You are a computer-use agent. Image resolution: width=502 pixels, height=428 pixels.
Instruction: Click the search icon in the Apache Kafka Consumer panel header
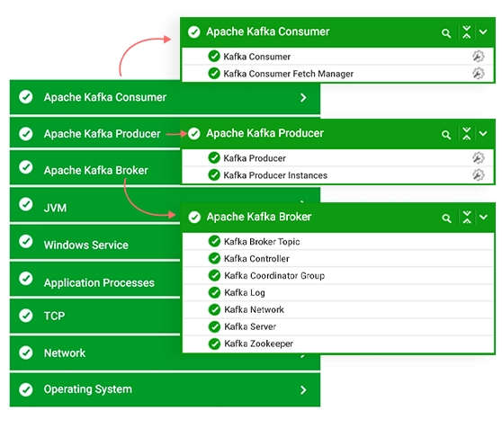tap(446, 33)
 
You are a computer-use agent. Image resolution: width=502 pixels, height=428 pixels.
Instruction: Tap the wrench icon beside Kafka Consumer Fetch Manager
tap(479, 73)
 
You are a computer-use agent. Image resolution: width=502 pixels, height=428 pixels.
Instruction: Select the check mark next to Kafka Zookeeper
tap(214, 343)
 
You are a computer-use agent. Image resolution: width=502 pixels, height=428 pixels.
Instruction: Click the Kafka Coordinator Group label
tap(274, 276)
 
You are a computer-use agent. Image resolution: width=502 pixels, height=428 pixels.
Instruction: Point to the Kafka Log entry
tap(245, 293)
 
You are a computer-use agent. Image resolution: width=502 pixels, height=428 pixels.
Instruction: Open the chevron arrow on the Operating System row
tap(303, 389)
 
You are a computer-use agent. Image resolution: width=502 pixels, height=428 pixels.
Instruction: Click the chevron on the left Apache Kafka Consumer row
tap(303, 98)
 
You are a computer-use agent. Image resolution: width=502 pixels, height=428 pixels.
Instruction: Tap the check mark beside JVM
tap(26, 204)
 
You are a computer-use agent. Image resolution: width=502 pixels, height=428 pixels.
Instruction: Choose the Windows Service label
tap(86, 245)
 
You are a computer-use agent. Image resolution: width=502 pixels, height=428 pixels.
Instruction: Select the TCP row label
tap(54, 316)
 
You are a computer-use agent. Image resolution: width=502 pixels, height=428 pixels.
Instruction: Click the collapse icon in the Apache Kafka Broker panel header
tap(467, 218)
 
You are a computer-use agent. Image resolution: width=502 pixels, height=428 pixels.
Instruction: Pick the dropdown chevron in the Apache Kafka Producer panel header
tap(483, 134)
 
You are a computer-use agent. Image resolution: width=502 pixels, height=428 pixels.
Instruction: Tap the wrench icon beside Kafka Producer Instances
tap(479, 175)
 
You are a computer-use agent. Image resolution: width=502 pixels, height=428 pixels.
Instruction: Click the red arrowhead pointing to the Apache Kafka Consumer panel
tap(167, 40)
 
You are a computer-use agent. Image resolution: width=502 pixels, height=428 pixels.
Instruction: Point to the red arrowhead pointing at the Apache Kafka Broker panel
tap(172, 215)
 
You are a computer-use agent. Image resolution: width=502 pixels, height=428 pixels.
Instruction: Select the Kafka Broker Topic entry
tap(262, 242)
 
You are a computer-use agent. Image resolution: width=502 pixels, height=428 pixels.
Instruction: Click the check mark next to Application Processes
tap(26, 279)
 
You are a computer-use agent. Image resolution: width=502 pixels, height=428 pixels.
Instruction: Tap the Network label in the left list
tap(65, 353)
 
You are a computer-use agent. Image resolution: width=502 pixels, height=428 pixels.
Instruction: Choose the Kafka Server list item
tap(250, 326)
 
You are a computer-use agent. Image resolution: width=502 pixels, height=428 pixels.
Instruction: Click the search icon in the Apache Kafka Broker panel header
tap(446, 218)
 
